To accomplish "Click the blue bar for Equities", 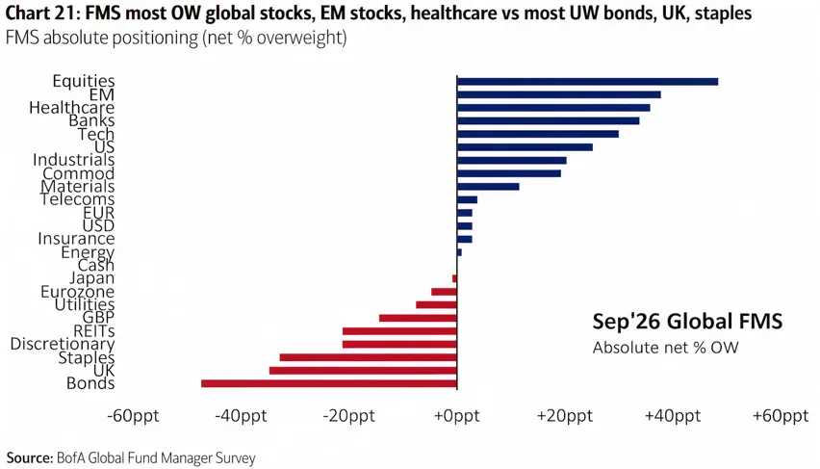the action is [x=587, y=82].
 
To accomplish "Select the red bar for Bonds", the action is [x=329, y=383].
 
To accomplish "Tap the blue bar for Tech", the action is [x=538, y=134].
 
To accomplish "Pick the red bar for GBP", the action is [x=418, y=318].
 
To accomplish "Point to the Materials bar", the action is [x=488, y=186].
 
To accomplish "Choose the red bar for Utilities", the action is [x=436, y=304].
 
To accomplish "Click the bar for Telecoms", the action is [x=467, y=199].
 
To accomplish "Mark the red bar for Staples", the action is [x=369, y=357].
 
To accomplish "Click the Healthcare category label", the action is [x=71, y=108].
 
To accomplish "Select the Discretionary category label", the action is [x=63, y=344].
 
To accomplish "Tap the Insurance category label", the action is [x=76, y=239].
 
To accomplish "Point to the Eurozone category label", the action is [x=77, y=292].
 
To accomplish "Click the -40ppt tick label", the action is [x=241, y=416].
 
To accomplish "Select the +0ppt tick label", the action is [x=456, y=416].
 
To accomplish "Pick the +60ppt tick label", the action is [x=781, y=416].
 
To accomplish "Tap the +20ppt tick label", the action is [x=565, y=416].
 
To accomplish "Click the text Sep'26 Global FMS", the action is [x=687, y=321].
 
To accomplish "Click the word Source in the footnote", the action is [x=27, y=458].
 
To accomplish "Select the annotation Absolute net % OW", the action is [x=665, y=348].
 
